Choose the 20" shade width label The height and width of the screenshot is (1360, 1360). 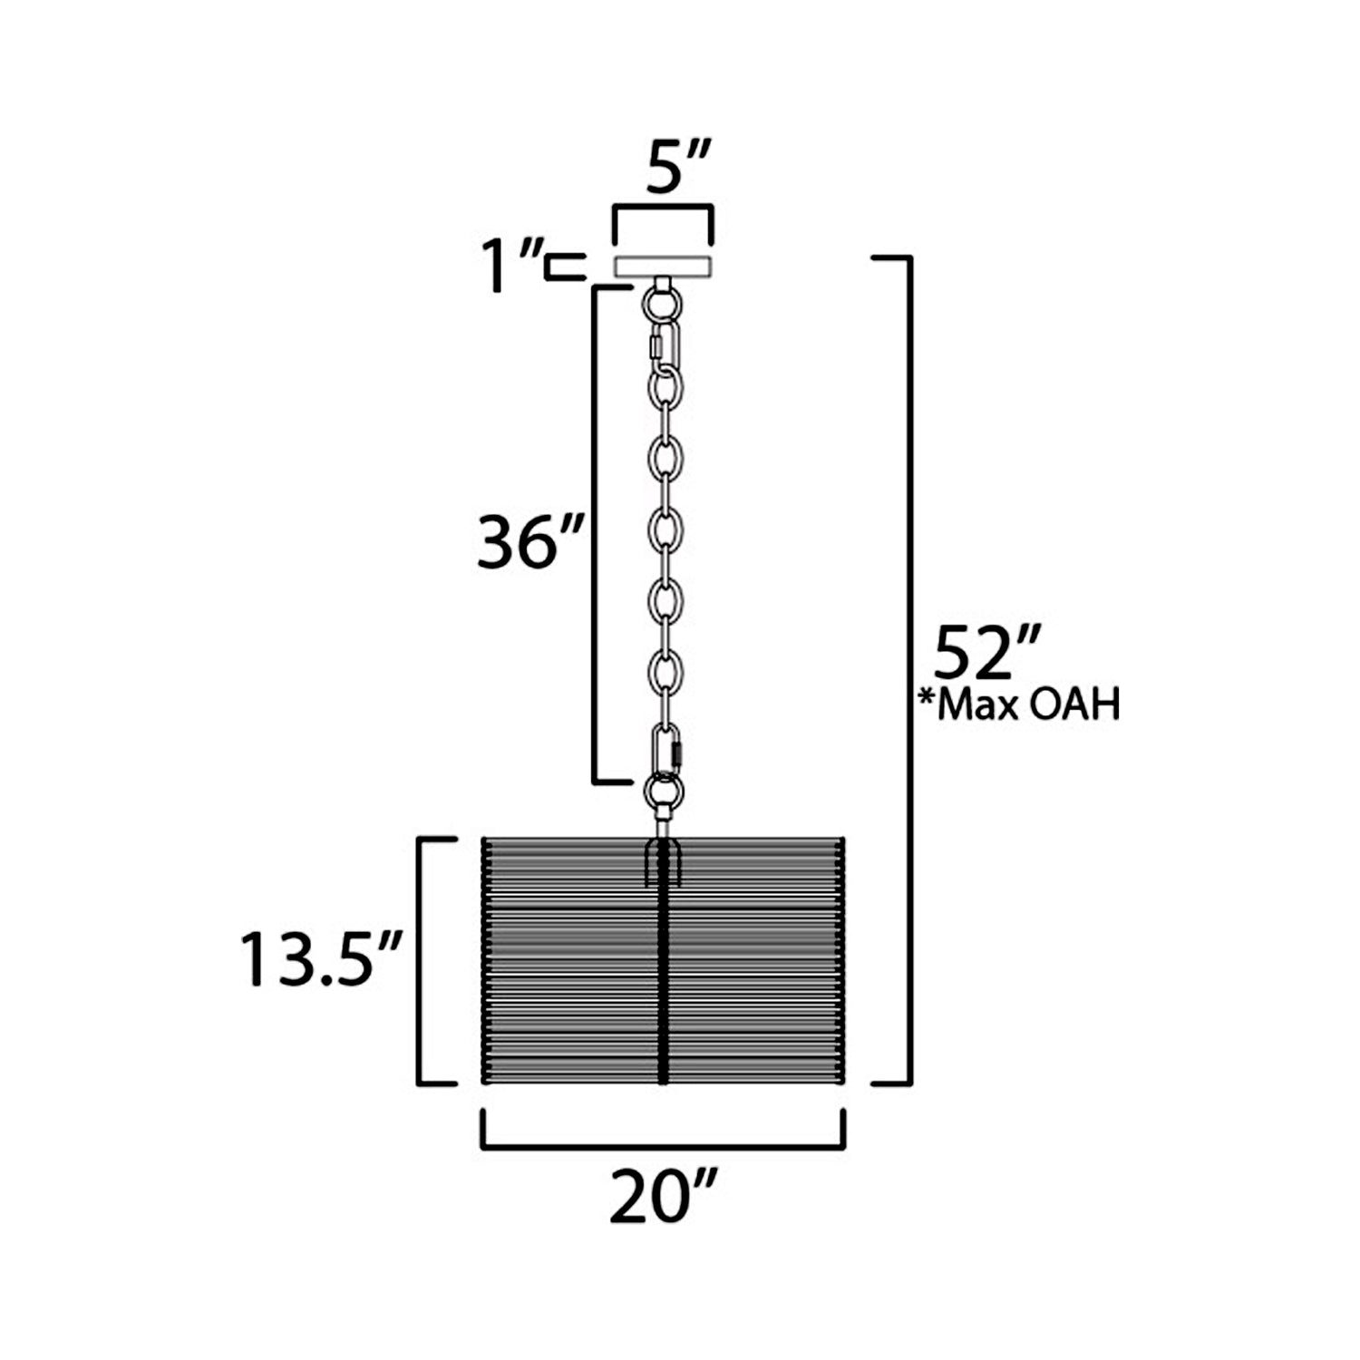pyautogui.click(x=663, y=1197)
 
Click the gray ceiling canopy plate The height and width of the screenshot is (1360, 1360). pyautogui.click(x=663, y=267)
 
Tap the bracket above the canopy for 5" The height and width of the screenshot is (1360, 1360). pyautogui.click(x=663, y=210)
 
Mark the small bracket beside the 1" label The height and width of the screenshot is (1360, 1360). pyautogui.click(x=564, y=267)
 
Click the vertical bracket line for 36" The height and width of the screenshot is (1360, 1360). pyautogui.click(x=595, y=535)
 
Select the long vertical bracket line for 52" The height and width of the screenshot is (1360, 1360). pyautogui.click(x=908, y=671)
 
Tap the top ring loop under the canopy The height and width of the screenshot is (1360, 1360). pyautogui.click(x=664, y=301)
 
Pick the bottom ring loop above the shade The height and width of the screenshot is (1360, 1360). pyautogui.click(x=664, y=791)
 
